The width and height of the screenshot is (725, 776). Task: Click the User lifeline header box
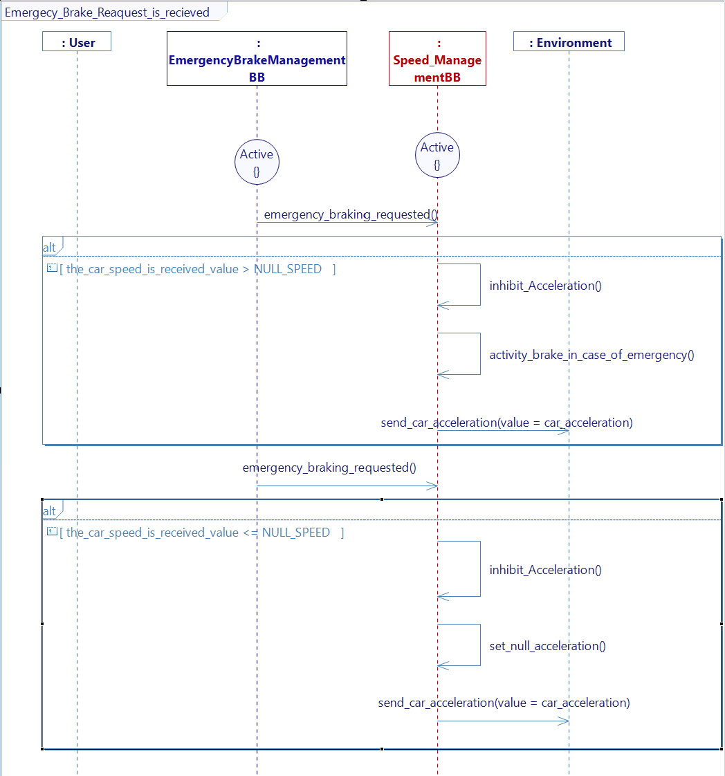click(77, 42)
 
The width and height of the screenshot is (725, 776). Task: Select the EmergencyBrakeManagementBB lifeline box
click(257, 59)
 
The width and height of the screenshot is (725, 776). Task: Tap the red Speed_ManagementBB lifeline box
click(437, 59)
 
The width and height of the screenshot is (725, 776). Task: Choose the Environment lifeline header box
click(569, 42)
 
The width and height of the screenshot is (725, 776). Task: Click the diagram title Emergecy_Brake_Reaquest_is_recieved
click(107, 12)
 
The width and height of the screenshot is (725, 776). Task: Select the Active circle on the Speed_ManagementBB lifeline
click(437, 155)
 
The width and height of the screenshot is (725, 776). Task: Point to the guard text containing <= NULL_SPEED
click(201, 533)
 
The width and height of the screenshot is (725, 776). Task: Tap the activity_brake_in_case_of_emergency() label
click(591, 355)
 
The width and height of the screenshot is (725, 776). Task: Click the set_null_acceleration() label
click(547, 646)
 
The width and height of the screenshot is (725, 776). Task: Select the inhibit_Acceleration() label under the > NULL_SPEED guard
click(545, 286)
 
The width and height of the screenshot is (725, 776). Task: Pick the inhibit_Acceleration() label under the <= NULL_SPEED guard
click(545, 570)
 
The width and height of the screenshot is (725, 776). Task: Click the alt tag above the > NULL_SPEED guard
click(50, 248)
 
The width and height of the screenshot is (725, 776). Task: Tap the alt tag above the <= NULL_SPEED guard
click(50, 511)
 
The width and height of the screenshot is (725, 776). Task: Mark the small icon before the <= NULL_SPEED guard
click(51, 532)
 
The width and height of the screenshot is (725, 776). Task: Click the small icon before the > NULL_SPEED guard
click(51, 268)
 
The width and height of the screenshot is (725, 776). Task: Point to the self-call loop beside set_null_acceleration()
click(459, 645)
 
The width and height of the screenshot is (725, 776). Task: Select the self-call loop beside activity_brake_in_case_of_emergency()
click(459, 353)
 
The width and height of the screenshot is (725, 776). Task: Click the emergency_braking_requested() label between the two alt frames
click(329, 468)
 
